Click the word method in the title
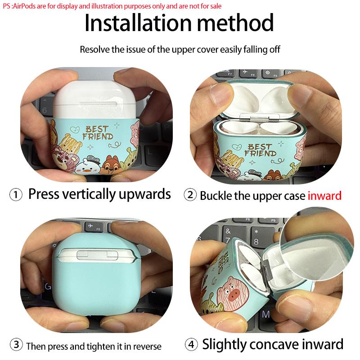235,23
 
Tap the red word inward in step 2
324,196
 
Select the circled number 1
16,195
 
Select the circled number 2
190,195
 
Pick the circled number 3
16,345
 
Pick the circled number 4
191,344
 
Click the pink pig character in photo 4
233,292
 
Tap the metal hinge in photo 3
97,255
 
